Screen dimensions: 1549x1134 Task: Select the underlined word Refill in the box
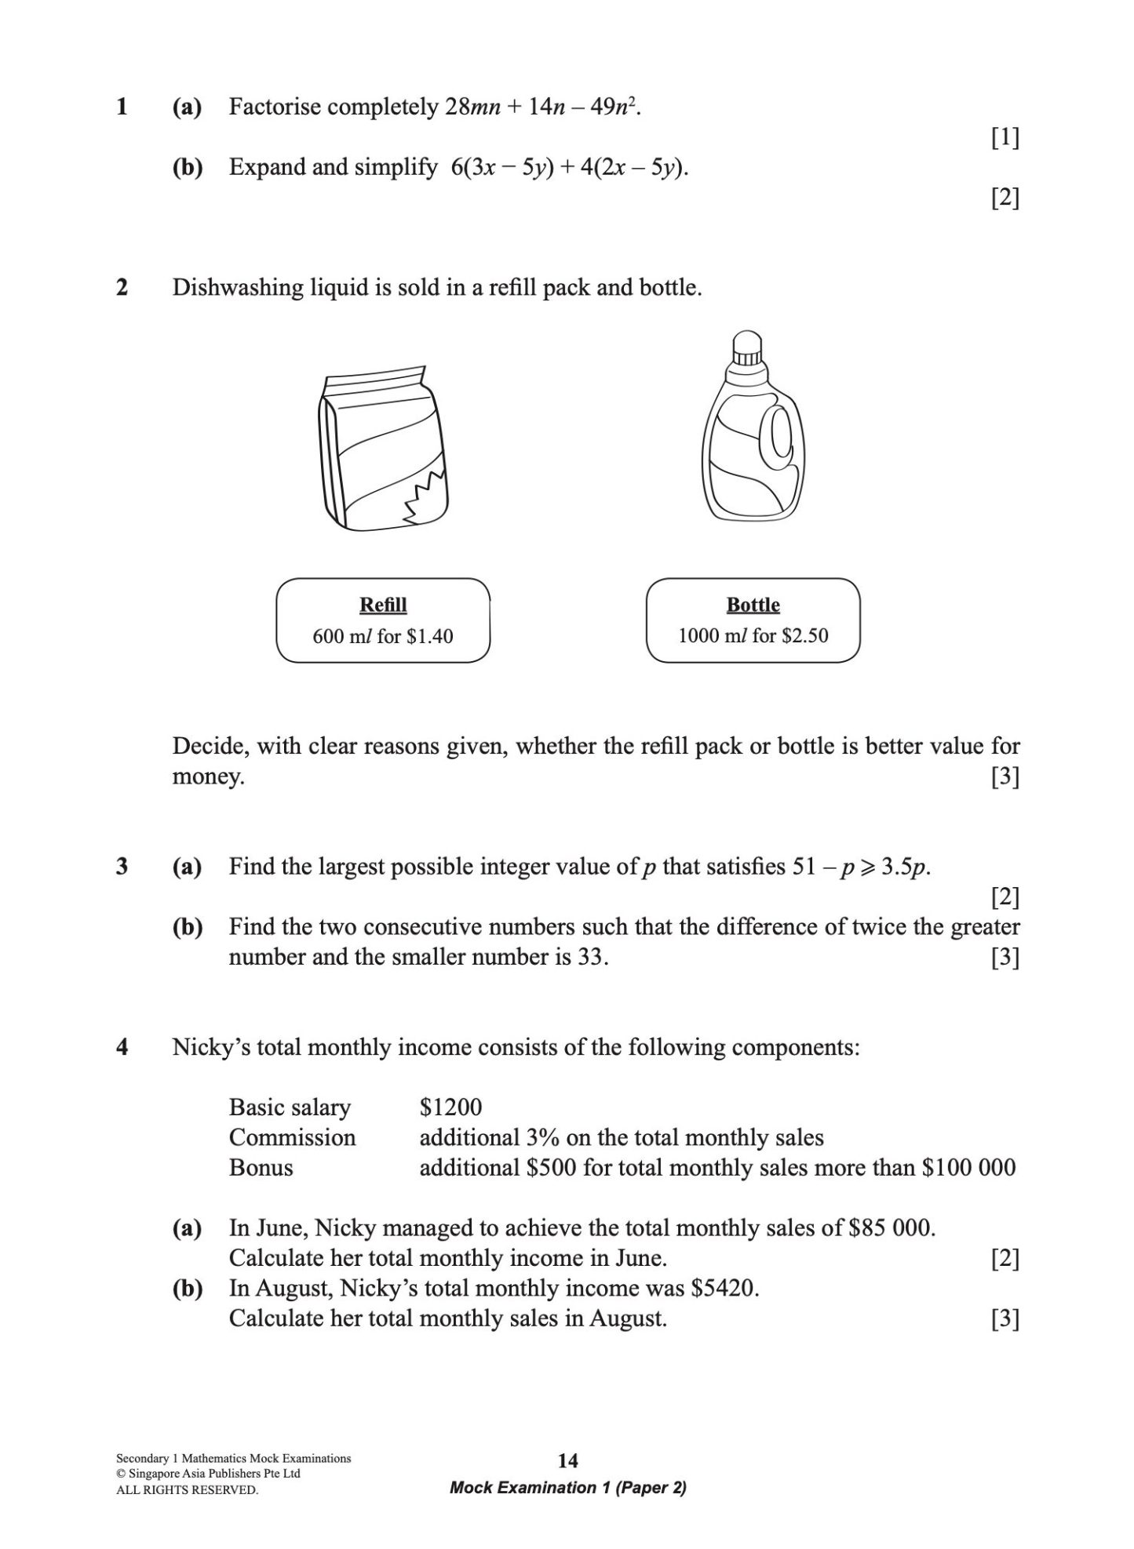[383, 605]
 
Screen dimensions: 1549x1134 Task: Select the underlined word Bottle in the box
[753, 605]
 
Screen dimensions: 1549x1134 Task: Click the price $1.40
[429, 636]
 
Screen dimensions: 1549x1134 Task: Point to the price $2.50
[804, 636]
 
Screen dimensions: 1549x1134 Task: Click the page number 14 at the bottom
[567, 1460]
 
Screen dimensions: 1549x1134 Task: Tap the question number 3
[122, 867]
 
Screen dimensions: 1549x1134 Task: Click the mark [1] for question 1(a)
[1005, 138]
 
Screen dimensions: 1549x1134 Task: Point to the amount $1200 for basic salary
[450, 1107]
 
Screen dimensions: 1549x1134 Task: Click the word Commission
[292, 1137]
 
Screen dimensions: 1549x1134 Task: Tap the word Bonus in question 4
[261, 1167]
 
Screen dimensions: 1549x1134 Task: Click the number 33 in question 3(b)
[589, 957]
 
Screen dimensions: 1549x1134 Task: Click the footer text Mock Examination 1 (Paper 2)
[567, 1488]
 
